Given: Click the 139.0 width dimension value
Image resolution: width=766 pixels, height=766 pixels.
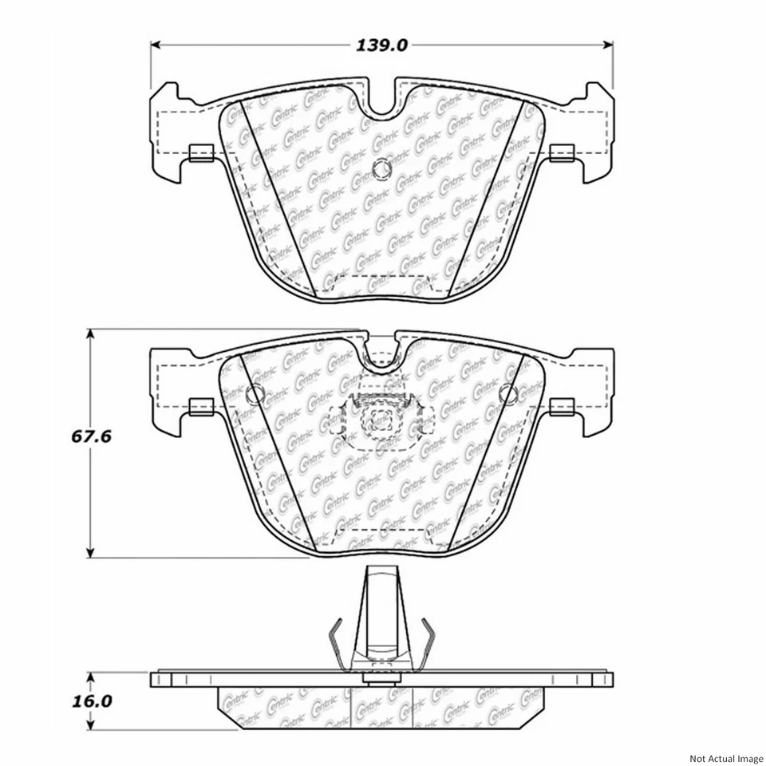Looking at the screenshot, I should click(x=383, y=45).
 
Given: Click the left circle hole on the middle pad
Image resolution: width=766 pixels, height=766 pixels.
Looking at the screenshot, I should click(x=256, y=393).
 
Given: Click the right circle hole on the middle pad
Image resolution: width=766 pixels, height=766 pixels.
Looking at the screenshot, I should click(x=509, y=393).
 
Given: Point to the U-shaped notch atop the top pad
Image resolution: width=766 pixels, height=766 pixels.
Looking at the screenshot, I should click(x=383, y=100).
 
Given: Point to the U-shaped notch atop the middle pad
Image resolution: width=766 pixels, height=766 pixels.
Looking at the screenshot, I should click(x=383, y=355).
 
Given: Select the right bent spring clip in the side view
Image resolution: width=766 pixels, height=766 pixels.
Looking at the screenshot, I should click(x=429, y=643).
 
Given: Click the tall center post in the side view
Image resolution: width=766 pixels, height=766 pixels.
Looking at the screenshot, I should click(x=382, y=614).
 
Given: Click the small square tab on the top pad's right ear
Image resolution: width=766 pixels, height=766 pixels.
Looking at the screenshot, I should click(x=563, y=152).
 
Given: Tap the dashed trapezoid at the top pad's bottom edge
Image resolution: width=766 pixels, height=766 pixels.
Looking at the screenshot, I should click(x=383, y=283).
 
